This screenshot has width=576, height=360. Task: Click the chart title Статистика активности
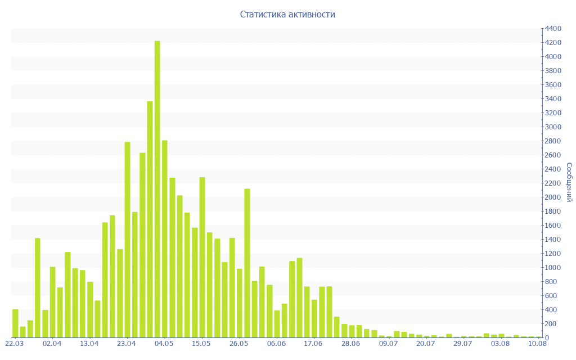(x=287, y=14)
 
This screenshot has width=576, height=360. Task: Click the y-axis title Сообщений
(x=569, y=182)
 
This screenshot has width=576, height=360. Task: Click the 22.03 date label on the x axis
(x=15, y=343)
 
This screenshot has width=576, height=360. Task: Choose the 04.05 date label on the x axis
(x=164, y=343)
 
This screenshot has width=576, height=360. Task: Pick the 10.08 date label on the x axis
(x=538, y=343)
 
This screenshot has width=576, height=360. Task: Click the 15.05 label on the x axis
(x=201, y=343)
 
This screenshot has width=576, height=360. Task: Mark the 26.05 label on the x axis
(x=238, y=343)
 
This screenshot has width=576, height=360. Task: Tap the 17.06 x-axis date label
(x=313, y=343)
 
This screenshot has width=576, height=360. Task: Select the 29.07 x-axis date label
(x=463, y=343)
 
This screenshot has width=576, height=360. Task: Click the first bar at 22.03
(x=15, y=323)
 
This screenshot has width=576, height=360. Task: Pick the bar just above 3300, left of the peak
(x=150, y=219)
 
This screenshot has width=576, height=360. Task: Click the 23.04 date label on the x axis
(x=127, y=343)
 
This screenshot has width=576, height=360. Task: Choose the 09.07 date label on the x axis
(x=388, y=343)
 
